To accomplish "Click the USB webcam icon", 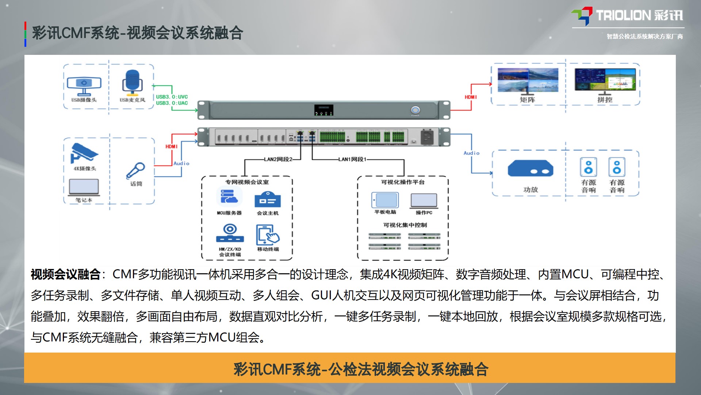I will click(x=84, y=85).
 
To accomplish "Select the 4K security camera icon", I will click(x=84, y=153).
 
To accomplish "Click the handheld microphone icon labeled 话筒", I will click(x=135, y=170).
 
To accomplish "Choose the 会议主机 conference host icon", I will click(x=268, y=199).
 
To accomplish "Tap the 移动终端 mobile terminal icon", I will click(x=268, y=235).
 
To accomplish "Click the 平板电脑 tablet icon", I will click(x=385, y=200).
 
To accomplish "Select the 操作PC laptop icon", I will click(x=424, y=200).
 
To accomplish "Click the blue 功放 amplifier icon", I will click(x=530, y=169).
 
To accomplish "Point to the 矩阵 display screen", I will click(x=528, y=80).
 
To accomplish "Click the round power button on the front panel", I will click(x=415, y=110).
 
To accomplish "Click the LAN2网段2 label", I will click(x=278, y=159).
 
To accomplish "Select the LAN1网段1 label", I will click(x=352, y=159).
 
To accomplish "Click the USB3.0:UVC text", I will click(x=172, y=97).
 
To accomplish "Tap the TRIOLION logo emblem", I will click(x=582, y=16).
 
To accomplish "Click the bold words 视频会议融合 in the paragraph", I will click(x=65, y=274).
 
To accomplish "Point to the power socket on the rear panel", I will click(x=427, y=137).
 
